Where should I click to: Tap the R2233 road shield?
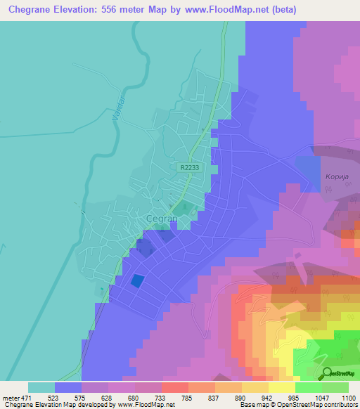188,168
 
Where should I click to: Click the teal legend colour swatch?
41,387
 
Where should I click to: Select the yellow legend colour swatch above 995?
282,387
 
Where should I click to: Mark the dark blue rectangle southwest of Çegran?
138,280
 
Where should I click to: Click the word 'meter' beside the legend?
11,397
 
